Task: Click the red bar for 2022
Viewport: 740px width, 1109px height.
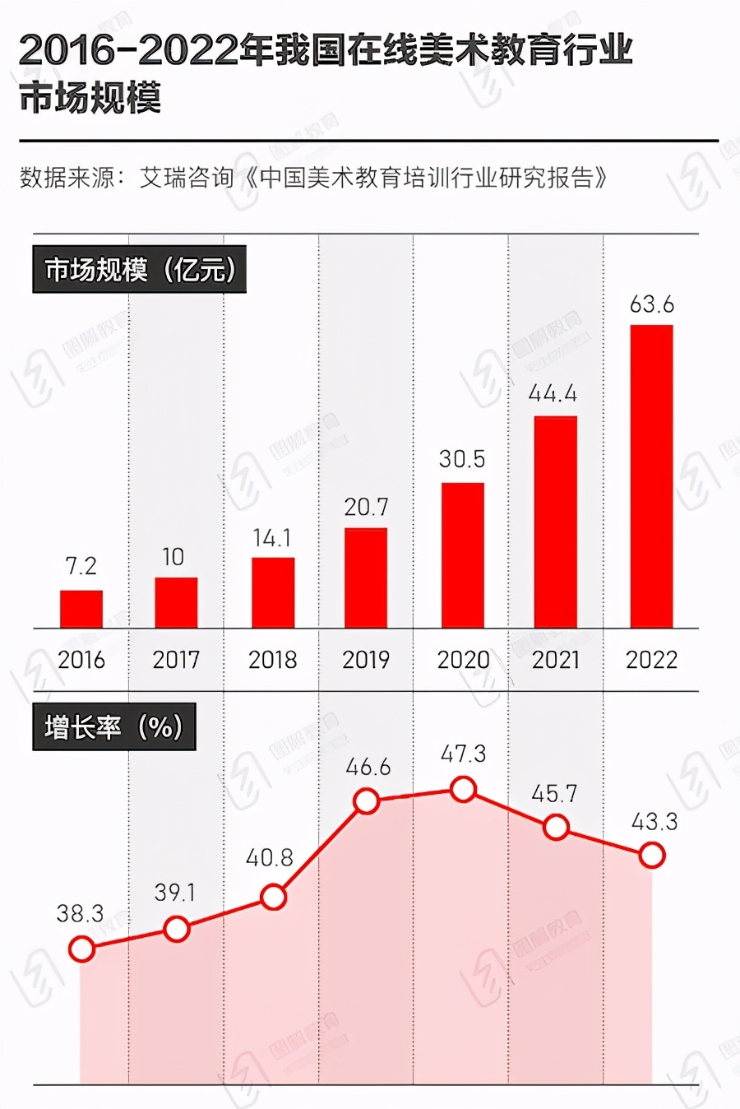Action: [x=651, y=476]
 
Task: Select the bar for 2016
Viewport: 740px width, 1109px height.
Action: [x=81, y=609]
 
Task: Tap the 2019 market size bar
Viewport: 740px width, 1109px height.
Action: [x=366, y=578]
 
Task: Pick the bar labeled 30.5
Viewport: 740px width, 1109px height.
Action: [x=462, y=555]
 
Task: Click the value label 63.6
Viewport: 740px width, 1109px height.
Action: [x=651, y=305]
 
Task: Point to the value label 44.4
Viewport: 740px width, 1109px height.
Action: [x=553, y=394]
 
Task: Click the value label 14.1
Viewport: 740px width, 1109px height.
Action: [x=271, y=538]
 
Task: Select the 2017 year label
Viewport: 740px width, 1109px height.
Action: [x=176, y=660]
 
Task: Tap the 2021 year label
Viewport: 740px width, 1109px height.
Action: [x=556, y=660]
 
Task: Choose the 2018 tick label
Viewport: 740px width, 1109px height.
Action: [x=272, y=660]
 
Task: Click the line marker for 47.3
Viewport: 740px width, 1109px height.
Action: [x=464, y=791]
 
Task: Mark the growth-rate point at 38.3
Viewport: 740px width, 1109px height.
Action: [x=81, y=949]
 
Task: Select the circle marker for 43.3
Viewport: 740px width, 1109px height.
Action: [x=652, y=856]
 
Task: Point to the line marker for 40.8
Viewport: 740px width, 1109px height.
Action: [x=273, y=897]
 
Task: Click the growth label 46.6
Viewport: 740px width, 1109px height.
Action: [x=368, y=768]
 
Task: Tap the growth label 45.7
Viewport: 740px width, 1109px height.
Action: [x=554, y=794]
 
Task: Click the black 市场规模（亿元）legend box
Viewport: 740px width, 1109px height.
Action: [x=139, y=269]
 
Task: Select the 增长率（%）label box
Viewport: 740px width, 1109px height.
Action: [x=113, y=726]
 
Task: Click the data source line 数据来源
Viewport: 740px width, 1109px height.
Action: [x=312, y=178]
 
